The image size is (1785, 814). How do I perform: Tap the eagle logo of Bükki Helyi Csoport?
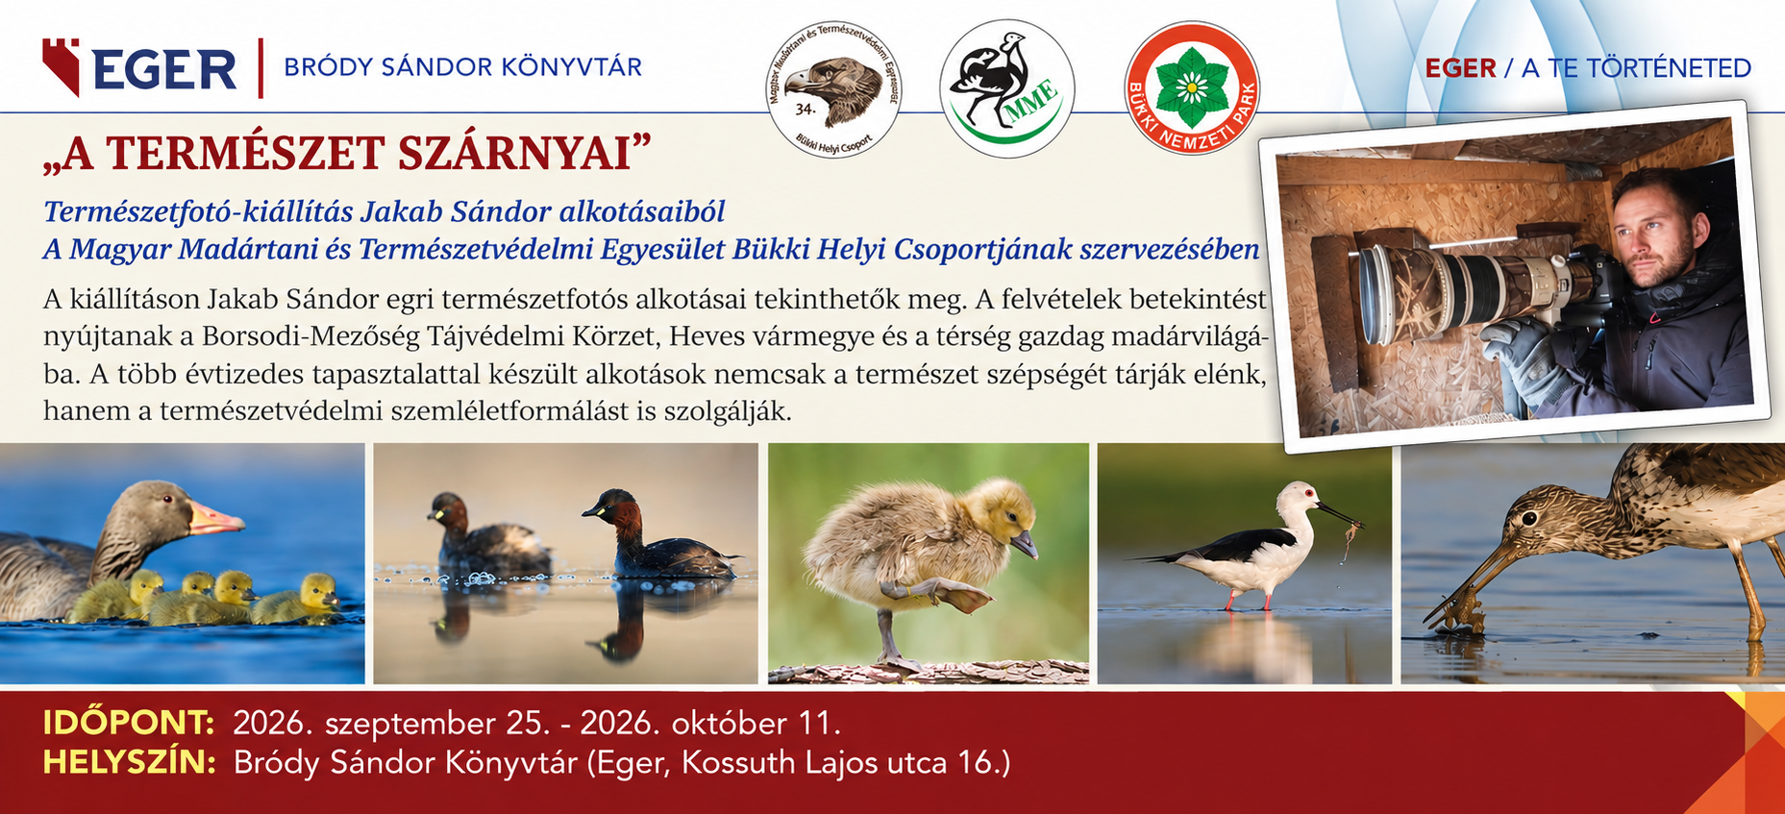(834, 91)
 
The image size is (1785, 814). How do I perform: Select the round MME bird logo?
(1007, 89)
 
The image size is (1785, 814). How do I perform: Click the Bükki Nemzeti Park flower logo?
(1192, 88)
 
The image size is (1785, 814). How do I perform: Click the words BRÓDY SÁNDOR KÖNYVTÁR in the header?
(463, 67)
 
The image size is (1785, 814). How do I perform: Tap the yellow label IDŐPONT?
(128, 723)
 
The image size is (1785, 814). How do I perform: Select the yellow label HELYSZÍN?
(129, 762)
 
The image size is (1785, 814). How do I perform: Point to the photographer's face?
(1650, 236)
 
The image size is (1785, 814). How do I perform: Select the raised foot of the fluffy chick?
(947, 598)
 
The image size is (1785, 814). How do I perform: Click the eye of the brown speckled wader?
(1528, 519)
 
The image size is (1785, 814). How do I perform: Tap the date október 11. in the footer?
(756, 723)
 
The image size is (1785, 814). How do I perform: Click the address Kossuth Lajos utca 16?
(846, 763)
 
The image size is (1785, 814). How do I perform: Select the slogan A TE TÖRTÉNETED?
(1636, 68)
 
